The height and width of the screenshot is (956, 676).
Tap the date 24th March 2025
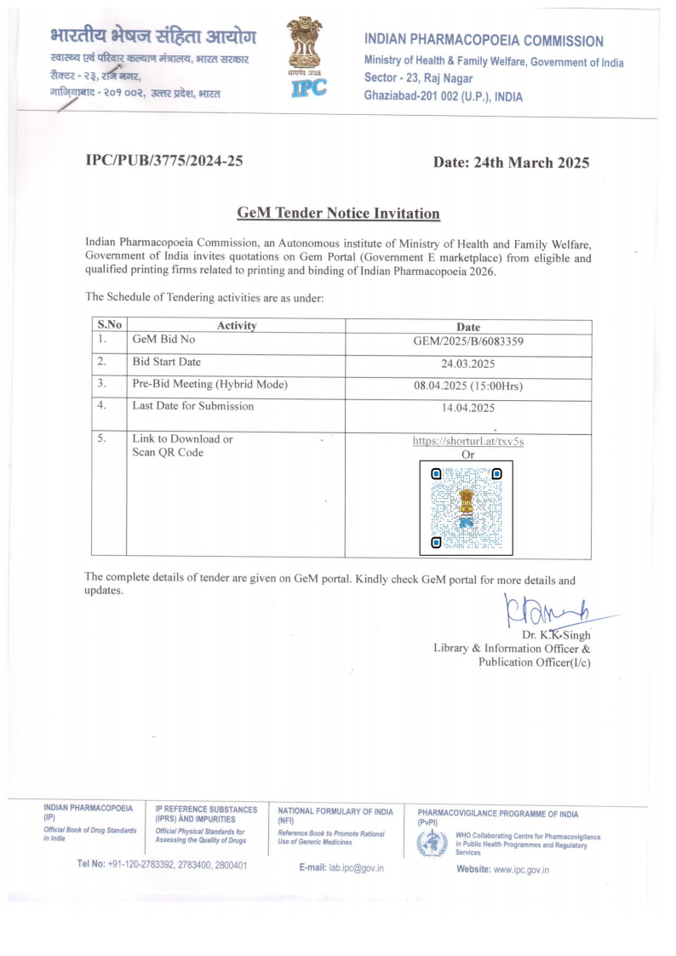pyautogui.click(x=511, y=163)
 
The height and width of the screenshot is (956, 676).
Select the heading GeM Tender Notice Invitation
pyautogui.click(x=338, y=213)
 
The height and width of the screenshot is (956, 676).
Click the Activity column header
pyautogui.click(x=237, y=326)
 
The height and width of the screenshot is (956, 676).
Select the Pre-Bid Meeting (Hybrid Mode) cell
pyautogui.click(x=209, y=385)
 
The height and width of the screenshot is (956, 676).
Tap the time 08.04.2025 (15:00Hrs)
pyautogui.click(x=467, y=386)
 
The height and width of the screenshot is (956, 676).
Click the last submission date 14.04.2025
pyautogui.click(x=467, y=408)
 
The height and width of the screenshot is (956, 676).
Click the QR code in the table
pyautogui.click(x=466, y=507)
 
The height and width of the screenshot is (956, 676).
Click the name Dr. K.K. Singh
pyautogui.click(x=555, y=634)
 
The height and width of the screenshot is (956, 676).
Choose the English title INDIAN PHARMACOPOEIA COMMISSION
pyautogui.click(x=484, y=41)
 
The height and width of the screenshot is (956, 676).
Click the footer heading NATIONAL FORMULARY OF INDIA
pyautogui.click(x=335, y=811)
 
